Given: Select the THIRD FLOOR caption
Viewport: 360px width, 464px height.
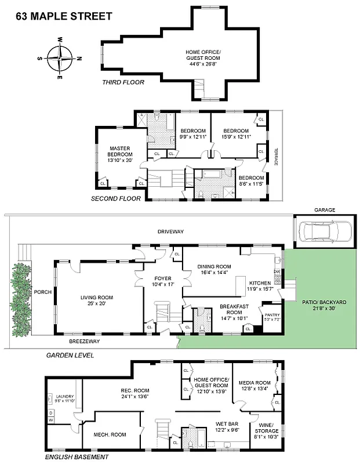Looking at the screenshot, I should (123, 82).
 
